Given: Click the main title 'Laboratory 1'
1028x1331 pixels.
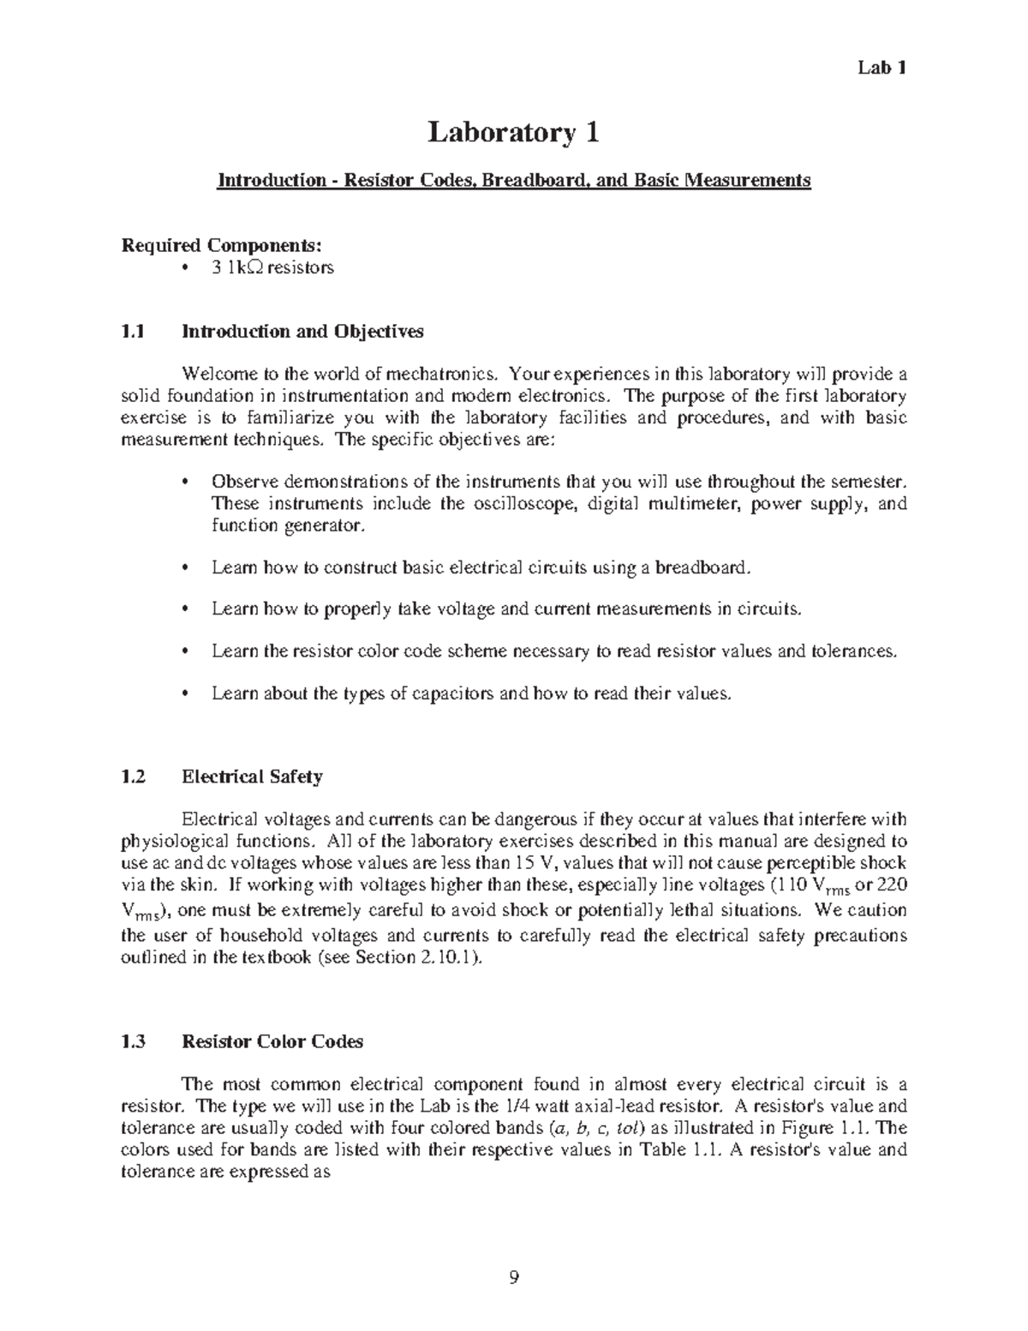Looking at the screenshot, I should (513, 133).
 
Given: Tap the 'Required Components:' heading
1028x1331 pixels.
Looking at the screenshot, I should (222, 246).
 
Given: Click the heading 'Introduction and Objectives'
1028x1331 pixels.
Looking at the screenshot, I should (302, 332).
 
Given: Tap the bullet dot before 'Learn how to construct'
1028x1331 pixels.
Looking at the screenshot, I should (186, 567).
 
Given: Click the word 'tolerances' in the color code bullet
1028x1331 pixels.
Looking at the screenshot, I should (854, 651).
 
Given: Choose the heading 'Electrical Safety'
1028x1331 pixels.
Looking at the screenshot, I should (252, 777).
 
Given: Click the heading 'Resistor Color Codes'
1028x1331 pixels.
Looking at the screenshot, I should (272, 1041).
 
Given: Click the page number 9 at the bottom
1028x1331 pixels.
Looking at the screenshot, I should (513, 1279).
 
